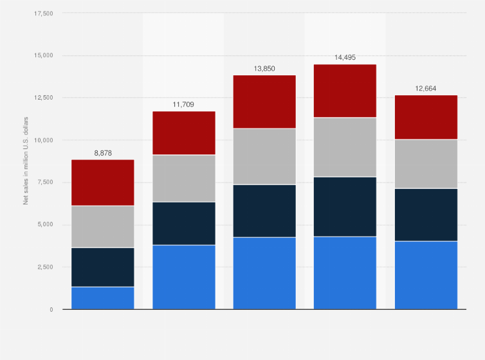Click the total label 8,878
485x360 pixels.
pos(103,153)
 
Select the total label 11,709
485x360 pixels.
pos(183,104)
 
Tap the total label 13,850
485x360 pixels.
pos(264,68)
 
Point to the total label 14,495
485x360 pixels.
pos(345,57)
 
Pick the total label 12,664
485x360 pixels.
pos(426,88)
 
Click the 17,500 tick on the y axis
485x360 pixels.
pos(44,14)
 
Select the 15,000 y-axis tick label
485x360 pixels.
pos(44,56)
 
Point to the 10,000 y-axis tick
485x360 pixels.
pos(44,140)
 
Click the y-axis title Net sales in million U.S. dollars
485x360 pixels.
pos(26,161)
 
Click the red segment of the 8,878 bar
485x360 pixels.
pos(103,183)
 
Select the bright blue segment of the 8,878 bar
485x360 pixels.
pos(103,298)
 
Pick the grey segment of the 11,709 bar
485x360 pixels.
pos(183,178)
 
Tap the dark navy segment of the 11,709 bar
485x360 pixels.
pos(183,223)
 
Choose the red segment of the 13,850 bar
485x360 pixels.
pos(264,102)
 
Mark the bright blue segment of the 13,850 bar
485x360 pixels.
pos(264,273)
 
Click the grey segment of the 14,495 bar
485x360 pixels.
pos(345,147)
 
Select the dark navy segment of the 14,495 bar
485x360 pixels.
pos(345,206)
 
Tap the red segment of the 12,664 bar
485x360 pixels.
pos(426,117)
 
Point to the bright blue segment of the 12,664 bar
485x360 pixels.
pos(426,275)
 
